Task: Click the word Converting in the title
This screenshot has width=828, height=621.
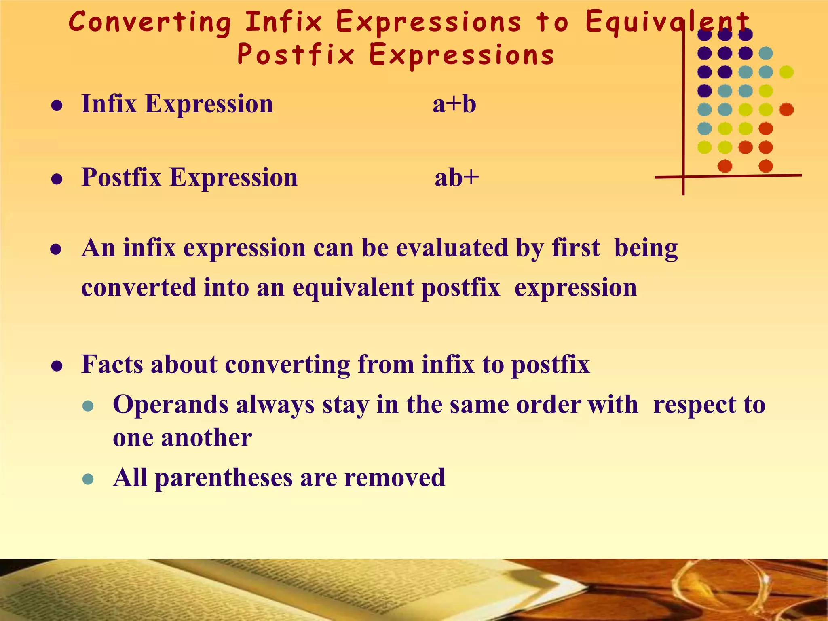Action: (x=150, y=22)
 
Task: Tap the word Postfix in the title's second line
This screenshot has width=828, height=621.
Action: (x=296, y=55)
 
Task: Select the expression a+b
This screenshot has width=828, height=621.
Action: (x=454, y=104)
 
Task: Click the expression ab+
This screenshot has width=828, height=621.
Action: (x=457, y=177)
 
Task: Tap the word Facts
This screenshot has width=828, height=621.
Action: (x=112, y=364)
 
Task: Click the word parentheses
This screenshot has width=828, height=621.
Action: (x=224, y=478)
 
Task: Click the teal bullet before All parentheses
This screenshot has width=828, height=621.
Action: (x=88, y=480)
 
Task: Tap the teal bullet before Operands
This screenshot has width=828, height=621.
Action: (x=88, y=406)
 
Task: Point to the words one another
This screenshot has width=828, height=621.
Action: (x=182, y=438)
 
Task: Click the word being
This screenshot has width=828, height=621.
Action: (x=646, y=248)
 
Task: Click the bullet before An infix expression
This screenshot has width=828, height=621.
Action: (x=56, y=250)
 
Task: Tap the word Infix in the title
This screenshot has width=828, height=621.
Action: (x=284, y=22)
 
